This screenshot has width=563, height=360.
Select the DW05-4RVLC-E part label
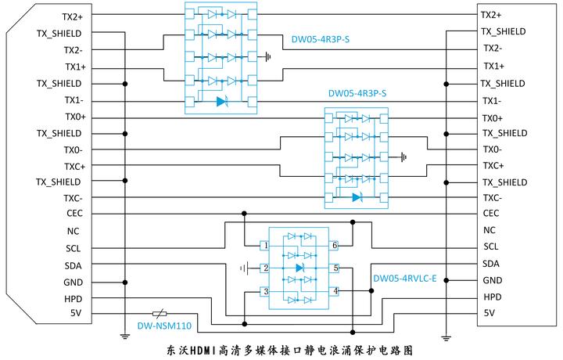404,279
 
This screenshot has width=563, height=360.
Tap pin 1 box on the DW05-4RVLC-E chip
266,246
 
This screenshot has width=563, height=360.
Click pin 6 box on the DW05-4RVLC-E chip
335,246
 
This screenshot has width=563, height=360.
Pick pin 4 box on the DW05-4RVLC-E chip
335,291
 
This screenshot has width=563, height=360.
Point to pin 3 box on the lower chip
266,291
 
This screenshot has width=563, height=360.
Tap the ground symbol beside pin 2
245,268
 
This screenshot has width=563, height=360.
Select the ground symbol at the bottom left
124,337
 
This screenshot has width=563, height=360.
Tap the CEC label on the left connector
75,213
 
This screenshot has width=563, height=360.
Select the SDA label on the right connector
491,264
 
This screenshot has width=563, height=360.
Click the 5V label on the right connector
489,313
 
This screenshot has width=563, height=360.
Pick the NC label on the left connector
74,231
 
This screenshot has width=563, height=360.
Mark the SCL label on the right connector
491,247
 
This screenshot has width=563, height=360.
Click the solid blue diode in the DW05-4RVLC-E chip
300,268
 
